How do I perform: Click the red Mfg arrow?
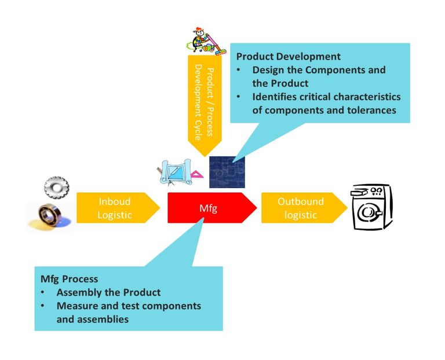click(x=211, y=208)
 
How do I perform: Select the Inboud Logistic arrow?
click(x=118, y=208)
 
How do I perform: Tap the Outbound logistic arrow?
click(x=304, y=208)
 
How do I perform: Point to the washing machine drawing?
click(x=372, y=207)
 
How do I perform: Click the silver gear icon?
click(x=56, y=187)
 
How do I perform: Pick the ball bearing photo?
click(x=50, y=216)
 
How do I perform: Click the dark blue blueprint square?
click(x=227, y=172)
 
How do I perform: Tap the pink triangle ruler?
click(x=197, y=174)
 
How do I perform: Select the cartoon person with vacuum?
click(x=206, y=41)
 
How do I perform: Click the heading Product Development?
click(x=289, y=56)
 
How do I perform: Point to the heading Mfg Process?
click(x=70, y=279)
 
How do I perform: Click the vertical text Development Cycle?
click(x=198, y=102)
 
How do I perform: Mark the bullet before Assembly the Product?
click(x=43, y=292)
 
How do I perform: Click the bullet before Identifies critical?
click(x=239, y=97)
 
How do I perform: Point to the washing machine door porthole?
click(x=367, y=212)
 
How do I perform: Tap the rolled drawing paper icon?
click(x=176, y=171)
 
